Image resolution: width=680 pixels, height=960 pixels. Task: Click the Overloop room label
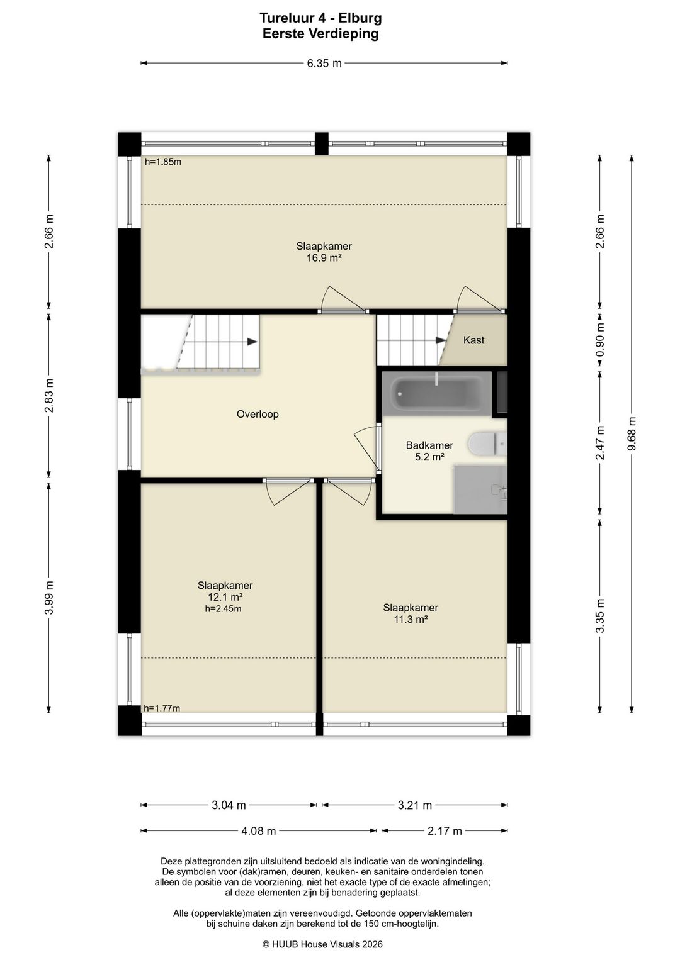click(258, 414)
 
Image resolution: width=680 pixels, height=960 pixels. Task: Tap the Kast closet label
click(473, 340)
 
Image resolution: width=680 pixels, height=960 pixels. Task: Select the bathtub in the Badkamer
click(437, 393)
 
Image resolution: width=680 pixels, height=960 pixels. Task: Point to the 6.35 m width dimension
click(324, 64)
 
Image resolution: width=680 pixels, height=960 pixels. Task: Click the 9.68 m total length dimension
click(632, 433)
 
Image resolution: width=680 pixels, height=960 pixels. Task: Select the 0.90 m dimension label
click(600, 340)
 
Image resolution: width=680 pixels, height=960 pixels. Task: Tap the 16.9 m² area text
click(324, 258)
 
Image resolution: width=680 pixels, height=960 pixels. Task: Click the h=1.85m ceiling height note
click(163, 162)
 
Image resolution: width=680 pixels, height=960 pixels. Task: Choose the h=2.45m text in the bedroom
click(223, 608)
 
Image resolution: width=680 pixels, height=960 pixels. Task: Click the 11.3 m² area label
click(411, 619)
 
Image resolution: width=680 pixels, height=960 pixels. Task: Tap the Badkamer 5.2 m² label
click(429, 451)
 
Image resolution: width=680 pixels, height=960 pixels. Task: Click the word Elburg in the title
click(360, 18)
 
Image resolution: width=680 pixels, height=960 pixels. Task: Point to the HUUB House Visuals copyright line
click(322, 944)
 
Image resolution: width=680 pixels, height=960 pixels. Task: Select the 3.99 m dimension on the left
click(49, 598)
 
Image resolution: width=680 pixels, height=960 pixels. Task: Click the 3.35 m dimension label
click(600, 616)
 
